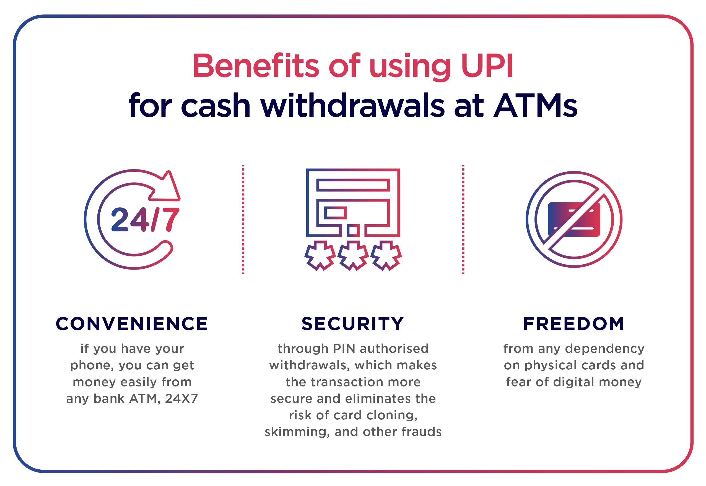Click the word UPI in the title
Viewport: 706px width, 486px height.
(x=487, y=66)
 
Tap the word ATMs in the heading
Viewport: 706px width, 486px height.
(x=535, y=105)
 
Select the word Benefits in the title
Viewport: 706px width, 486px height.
(x=256, y=66)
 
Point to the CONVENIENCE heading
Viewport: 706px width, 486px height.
(x=132, y=323)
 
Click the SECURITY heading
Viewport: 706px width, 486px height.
(x=353, y=323)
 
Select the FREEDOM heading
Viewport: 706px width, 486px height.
(x=574, y=323)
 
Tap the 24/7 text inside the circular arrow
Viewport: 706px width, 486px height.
(x=145, y=220)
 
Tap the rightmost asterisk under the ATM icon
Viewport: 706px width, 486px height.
(x=386, y=255)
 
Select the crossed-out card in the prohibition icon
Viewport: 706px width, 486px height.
(x=574, y=220)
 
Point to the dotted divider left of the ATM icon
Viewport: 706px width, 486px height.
(x=243, y=220)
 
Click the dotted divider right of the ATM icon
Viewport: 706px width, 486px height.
(x=463, y=220)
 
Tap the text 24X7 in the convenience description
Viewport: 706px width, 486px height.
(x=181, y=399)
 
